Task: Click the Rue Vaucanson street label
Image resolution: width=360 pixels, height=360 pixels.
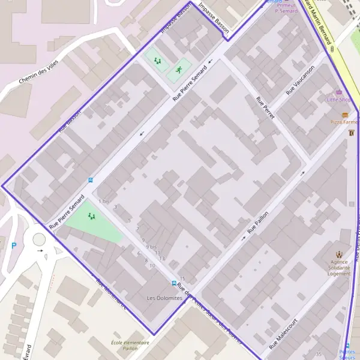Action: coord(299,80)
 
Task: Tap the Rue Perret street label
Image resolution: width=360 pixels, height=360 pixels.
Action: coord(265,107)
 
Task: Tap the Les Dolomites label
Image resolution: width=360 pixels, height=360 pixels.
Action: coord(164,298)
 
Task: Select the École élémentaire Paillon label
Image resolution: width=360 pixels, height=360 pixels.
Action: coord(130,345)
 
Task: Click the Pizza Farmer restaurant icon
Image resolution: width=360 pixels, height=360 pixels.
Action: coord(345,115)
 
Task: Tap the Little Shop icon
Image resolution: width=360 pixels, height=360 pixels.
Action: coord(340,92)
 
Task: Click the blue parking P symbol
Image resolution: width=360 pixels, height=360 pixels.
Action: coord(14,245)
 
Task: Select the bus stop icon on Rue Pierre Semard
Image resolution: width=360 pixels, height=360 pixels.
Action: coord(91,179)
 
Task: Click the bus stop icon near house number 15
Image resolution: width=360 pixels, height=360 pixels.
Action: coord(174,283)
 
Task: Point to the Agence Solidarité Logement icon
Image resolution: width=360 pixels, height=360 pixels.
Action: coord(339,254)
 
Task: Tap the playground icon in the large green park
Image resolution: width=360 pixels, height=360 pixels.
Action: coord(92,216)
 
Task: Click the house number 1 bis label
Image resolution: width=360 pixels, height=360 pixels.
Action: coord(104,201)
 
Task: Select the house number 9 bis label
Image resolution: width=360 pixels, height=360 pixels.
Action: coord(151,247)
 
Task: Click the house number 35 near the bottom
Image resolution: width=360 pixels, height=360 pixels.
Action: coord(319,353)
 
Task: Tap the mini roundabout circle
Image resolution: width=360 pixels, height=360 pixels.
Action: coord(39,240)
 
